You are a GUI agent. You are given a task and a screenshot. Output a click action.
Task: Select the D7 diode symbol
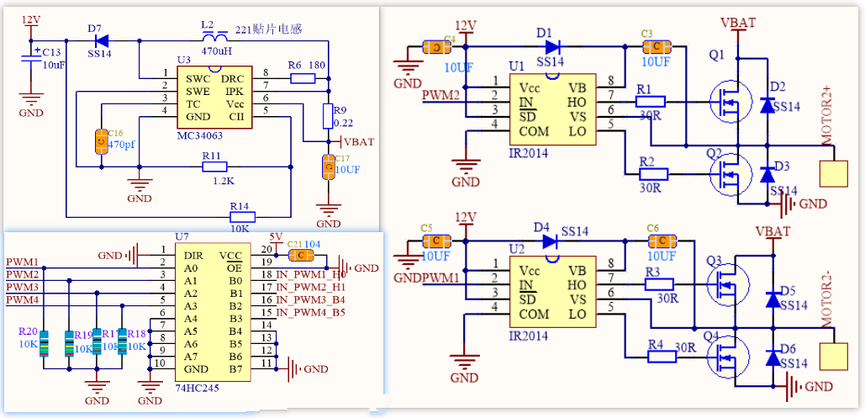101,40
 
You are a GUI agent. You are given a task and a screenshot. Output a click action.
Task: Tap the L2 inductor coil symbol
217,39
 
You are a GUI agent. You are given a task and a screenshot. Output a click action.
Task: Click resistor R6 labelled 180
302,78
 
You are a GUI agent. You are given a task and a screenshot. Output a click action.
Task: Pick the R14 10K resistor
240,215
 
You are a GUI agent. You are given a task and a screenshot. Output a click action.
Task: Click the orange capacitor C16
103,142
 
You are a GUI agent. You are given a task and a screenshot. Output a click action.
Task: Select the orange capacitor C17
328,167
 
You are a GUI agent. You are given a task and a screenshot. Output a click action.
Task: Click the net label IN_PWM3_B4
310,299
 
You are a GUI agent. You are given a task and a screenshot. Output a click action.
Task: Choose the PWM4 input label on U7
23,299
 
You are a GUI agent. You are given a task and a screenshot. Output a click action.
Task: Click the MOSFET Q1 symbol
725,102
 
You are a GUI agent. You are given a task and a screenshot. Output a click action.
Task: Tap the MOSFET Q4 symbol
725,356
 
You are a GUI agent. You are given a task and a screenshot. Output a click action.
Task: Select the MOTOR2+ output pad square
835,173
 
